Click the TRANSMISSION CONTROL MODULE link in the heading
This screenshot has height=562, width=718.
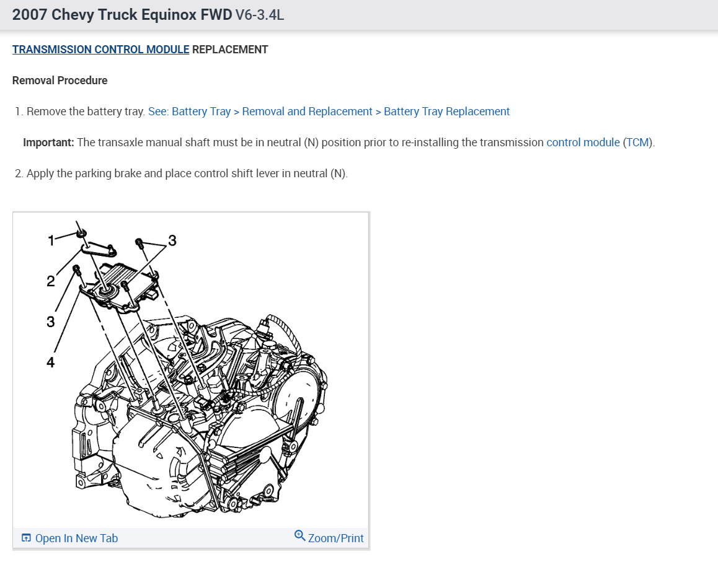(x=100, y=50)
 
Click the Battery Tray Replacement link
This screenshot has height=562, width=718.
(x=446, y=112)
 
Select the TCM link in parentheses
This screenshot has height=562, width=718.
(x=637, y=143)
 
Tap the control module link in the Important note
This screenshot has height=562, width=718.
(x=583, y=143)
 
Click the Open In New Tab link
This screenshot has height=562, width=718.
(x=76, y=538)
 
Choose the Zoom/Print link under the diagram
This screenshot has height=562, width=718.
(x=335, y=538)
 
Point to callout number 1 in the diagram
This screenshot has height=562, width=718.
(x=51, y=239)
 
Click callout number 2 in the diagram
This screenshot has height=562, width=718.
(x=51, y=281)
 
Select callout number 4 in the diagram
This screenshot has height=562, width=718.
(x=50, y=362)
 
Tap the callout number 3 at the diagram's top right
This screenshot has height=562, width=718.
(x=172, y=240)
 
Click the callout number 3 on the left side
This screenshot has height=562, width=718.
(x=50, y=322)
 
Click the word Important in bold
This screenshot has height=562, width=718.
(x=48, y=143)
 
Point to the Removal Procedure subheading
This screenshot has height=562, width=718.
(x=60, y=81)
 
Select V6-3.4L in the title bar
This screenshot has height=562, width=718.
(x=259, y=14)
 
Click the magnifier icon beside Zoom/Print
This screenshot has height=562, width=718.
(x=300, y=536)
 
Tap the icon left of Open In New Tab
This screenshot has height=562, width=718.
(x=26, y=538)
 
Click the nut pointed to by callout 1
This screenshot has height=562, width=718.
(x=81, y=234)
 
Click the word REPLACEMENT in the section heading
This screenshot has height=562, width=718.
(x=230, y=50)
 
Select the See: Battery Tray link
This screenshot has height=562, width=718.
(x=189, y=112)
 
